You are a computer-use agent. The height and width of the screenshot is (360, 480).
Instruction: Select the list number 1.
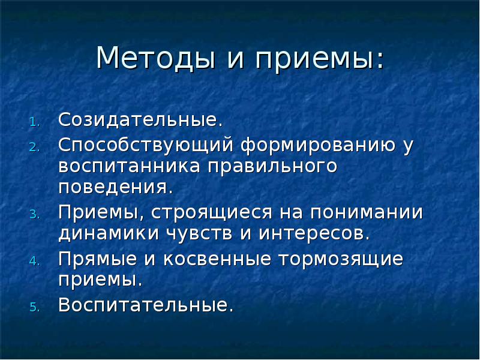35,122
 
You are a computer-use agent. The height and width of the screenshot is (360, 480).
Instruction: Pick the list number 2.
35,147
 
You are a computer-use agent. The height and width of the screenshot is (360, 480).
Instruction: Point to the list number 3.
35,214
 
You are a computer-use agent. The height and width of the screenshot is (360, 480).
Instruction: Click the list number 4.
35,262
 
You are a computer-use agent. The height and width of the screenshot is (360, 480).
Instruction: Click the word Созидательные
140,119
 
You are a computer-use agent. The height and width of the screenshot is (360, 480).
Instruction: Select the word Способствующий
146,146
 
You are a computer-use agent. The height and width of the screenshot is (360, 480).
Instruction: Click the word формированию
319,146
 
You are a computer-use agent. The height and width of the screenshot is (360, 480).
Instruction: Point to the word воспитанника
130,166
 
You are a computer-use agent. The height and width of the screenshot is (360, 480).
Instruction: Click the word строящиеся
213,212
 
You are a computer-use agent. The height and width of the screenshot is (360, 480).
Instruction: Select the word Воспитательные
145,305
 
